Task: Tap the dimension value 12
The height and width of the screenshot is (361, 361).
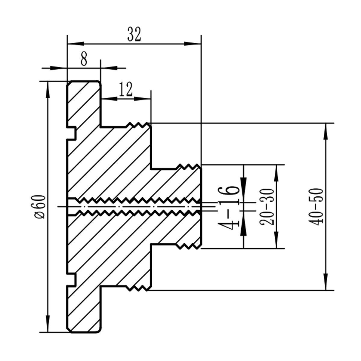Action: coord(125,89)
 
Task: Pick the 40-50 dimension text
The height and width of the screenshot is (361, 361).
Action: coord(316,206)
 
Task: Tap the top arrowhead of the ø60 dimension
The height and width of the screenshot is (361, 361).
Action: coord(48,89)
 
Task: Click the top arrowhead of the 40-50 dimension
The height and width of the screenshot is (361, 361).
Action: coord(325,131)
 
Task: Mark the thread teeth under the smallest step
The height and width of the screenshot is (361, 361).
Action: coord(188,247)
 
